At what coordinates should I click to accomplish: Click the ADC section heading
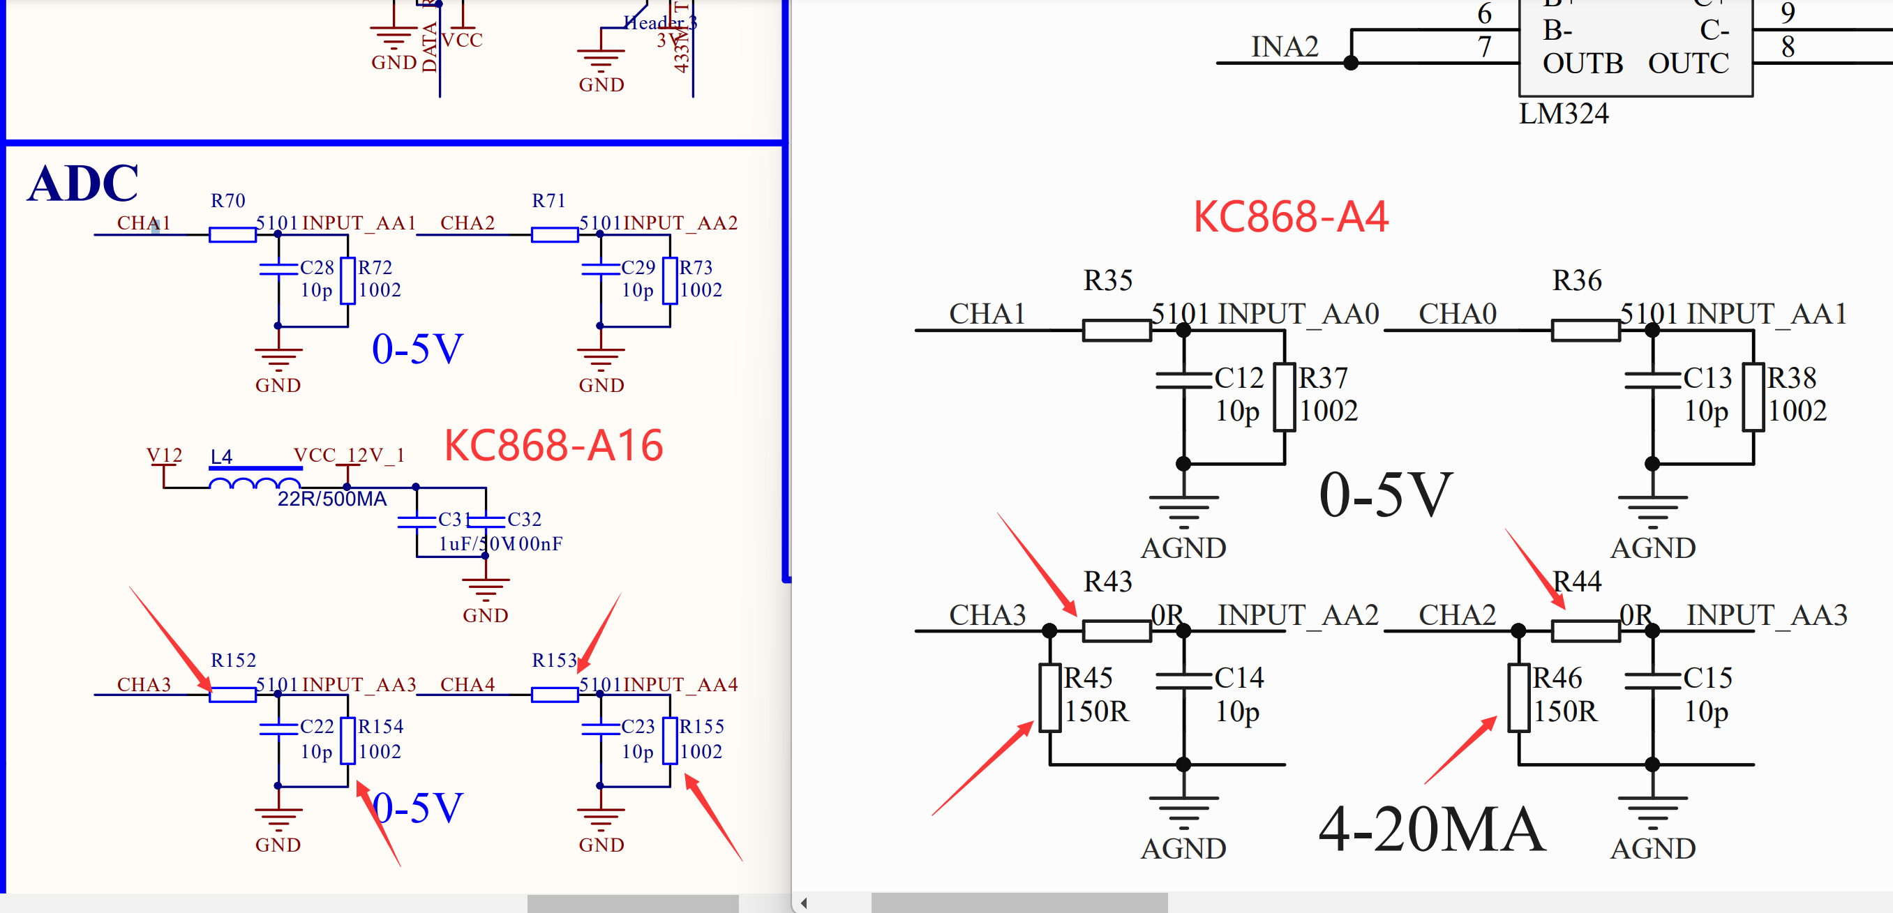coord(82,183)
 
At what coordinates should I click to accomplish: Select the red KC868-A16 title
coord(553,446)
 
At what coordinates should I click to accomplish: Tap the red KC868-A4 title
coord(1290,218)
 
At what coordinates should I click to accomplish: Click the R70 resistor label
coord(227,200)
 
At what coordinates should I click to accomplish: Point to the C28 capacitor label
coord(317,267)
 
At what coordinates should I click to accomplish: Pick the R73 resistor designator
coord(695,267)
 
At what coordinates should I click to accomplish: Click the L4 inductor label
coord(221,457)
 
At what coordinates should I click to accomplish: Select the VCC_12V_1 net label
coord(349,455)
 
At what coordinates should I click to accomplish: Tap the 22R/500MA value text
coord(332,499)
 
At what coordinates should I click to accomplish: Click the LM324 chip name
coord(1563,114)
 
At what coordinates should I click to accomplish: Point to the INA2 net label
coord(1284,47)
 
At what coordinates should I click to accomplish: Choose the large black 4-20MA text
coord(1432,829)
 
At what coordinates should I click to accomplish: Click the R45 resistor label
coord(1088,677)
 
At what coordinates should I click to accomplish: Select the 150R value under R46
coord(1564,711)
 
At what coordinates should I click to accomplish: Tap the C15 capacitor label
coord(1707,677)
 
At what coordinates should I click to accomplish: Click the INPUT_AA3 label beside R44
coord(1766,614)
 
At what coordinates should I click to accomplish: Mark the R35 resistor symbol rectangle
coord(1116,331)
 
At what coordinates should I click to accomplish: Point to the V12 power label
coord(164,455)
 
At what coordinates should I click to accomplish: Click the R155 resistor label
coord(701,727)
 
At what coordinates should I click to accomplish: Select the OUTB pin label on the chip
coord(1583,64)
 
